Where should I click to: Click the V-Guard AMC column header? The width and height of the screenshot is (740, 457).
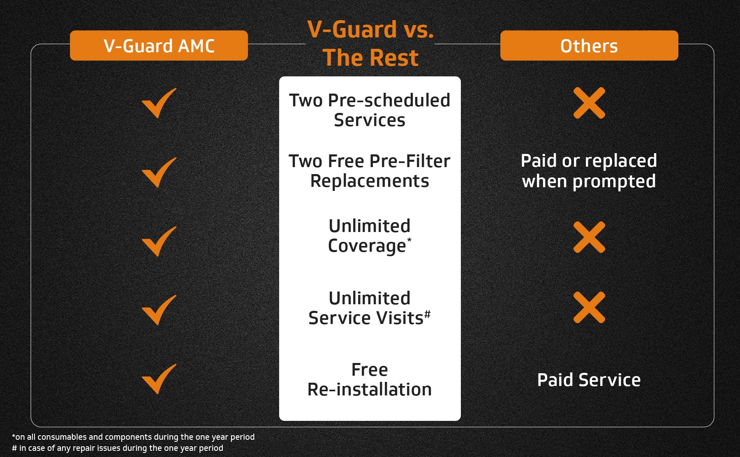(x=159, y=46)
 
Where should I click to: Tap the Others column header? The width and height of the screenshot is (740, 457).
(x=589, y=46)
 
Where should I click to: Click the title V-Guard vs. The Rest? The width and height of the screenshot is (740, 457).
(x=370, y=43)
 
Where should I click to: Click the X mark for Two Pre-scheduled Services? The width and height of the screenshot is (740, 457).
(x=589, y=103)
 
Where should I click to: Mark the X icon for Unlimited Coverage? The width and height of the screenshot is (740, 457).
(x=589, y=237)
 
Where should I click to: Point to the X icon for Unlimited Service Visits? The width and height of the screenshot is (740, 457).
(x=589, y=307)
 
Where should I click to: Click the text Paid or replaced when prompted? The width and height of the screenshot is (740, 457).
(x=589, y=171)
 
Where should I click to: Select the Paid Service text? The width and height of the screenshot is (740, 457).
(x=589, y=380)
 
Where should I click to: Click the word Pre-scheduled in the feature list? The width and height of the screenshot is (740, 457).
(x=389, y=100)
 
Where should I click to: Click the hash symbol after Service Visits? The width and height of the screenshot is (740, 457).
(x=428, y=314)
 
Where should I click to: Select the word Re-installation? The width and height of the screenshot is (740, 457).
(x=370, y=389)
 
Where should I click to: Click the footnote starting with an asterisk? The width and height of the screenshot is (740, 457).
(x=133, y=437)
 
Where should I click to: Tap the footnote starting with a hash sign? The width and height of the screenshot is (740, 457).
(x=118, y=448)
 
